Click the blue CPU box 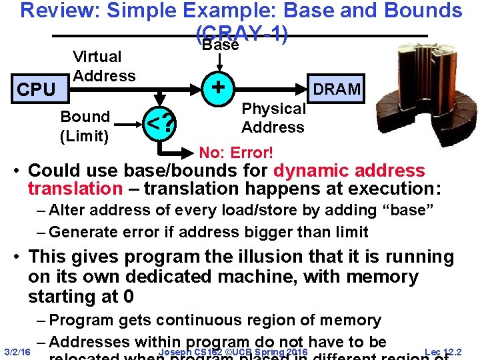36,89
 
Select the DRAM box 337,89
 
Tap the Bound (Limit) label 85,125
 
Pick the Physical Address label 273,118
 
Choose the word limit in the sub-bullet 349,232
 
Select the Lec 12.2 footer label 444,351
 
